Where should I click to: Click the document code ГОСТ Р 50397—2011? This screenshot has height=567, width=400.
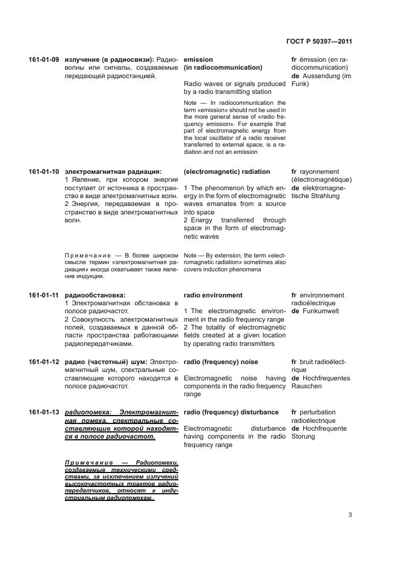point(318,42)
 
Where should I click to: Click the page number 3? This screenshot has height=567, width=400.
point(350,515)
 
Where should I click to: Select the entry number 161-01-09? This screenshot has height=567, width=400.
point(44,60)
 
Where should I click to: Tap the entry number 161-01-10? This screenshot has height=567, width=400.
point(44,172)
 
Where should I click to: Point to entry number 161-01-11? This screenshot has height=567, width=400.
point(44,296)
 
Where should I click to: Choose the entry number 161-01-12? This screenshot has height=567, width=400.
point(44,362)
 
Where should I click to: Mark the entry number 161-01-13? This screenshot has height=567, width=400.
point(44,413)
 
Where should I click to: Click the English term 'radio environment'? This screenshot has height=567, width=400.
point(213,296)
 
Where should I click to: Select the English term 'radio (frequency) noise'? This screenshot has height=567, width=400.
point(220,362)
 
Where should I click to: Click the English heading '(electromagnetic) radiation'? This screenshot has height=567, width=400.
point(226,172)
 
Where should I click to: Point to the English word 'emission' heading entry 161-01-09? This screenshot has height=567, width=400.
point(198,60)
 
